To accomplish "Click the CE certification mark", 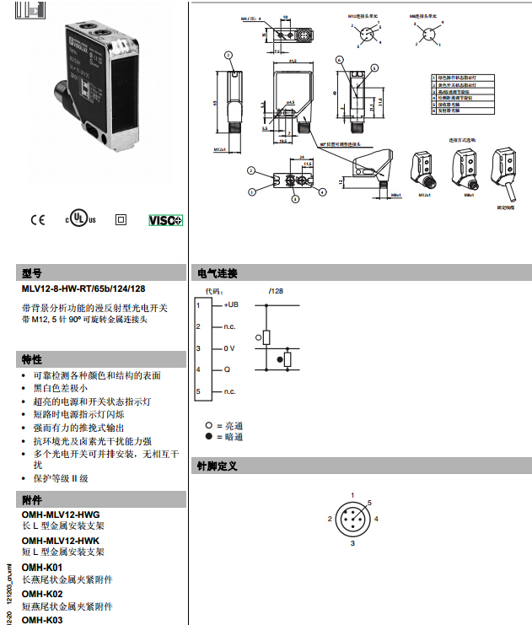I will (37, 220).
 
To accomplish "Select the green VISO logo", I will (165, 220).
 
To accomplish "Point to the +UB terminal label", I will (231, 304).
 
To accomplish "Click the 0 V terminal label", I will (229, 348).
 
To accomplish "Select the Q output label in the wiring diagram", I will (226, 369).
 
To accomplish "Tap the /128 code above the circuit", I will (276, 290).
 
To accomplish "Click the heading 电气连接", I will (218, 273).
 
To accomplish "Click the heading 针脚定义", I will (218, 466).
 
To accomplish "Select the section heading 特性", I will (32, 359).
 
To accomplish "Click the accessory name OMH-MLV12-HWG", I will (61, 514).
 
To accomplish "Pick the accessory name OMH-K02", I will (42, 594).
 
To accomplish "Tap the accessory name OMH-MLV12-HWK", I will (61, 541).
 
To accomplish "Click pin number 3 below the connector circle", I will (352, 545).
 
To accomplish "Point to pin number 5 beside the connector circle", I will (369, 503).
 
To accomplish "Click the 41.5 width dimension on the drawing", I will (292, 62).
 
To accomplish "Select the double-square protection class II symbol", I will (121, 220).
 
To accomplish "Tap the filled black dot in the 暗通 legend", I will (207, 437).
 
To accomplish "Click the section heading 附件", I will (32, 500).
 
